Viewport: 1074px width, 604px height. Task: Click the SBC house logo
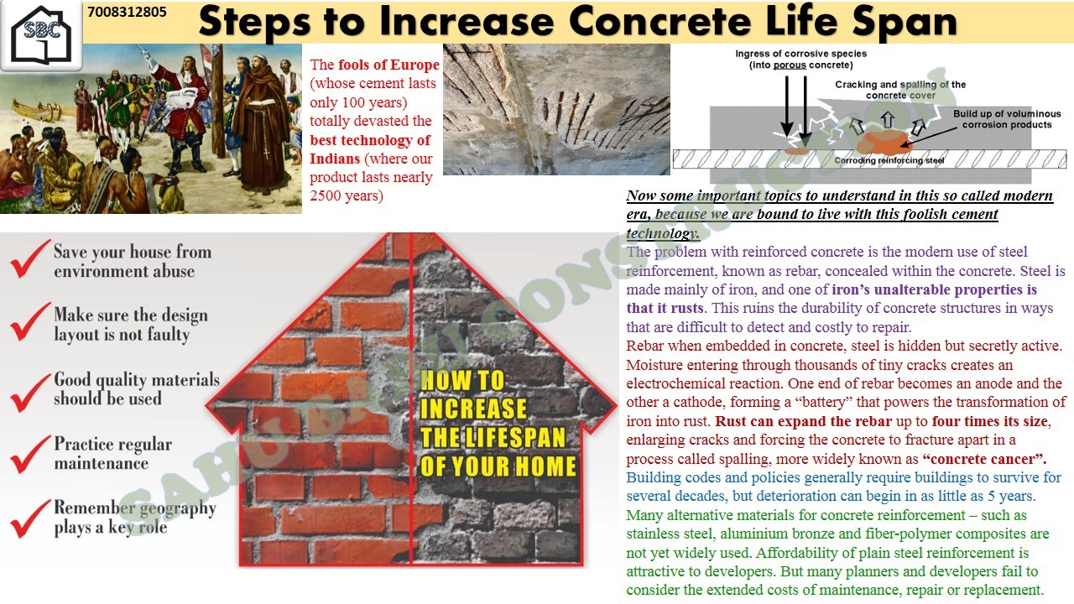(x=41, y=35)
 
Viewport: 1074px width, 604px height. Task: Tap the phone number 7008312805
(x=127, y=12)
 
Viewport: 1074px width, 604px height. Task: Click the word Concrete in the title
(x=660, y=22)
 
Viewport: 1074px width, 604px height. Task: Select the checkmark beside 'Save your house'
(x=30, y=259)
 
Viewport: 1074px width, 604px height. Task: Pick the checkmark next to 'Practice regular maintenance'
(x=30, y=454)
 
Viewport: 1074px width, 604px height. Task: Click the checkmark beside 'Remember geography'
(x=30, y=518)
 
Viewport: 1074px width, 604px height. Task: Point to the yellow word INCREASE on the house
(x=473, y=409)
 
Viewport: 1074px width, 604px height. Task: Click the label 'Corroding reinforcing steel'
(x=889, y=160)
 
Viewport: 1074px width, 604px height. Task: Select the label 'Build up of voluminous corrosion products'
(x=1007, y=119)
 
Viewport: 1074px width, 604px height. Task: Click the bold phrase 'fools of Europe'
(x=388, y=65)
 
